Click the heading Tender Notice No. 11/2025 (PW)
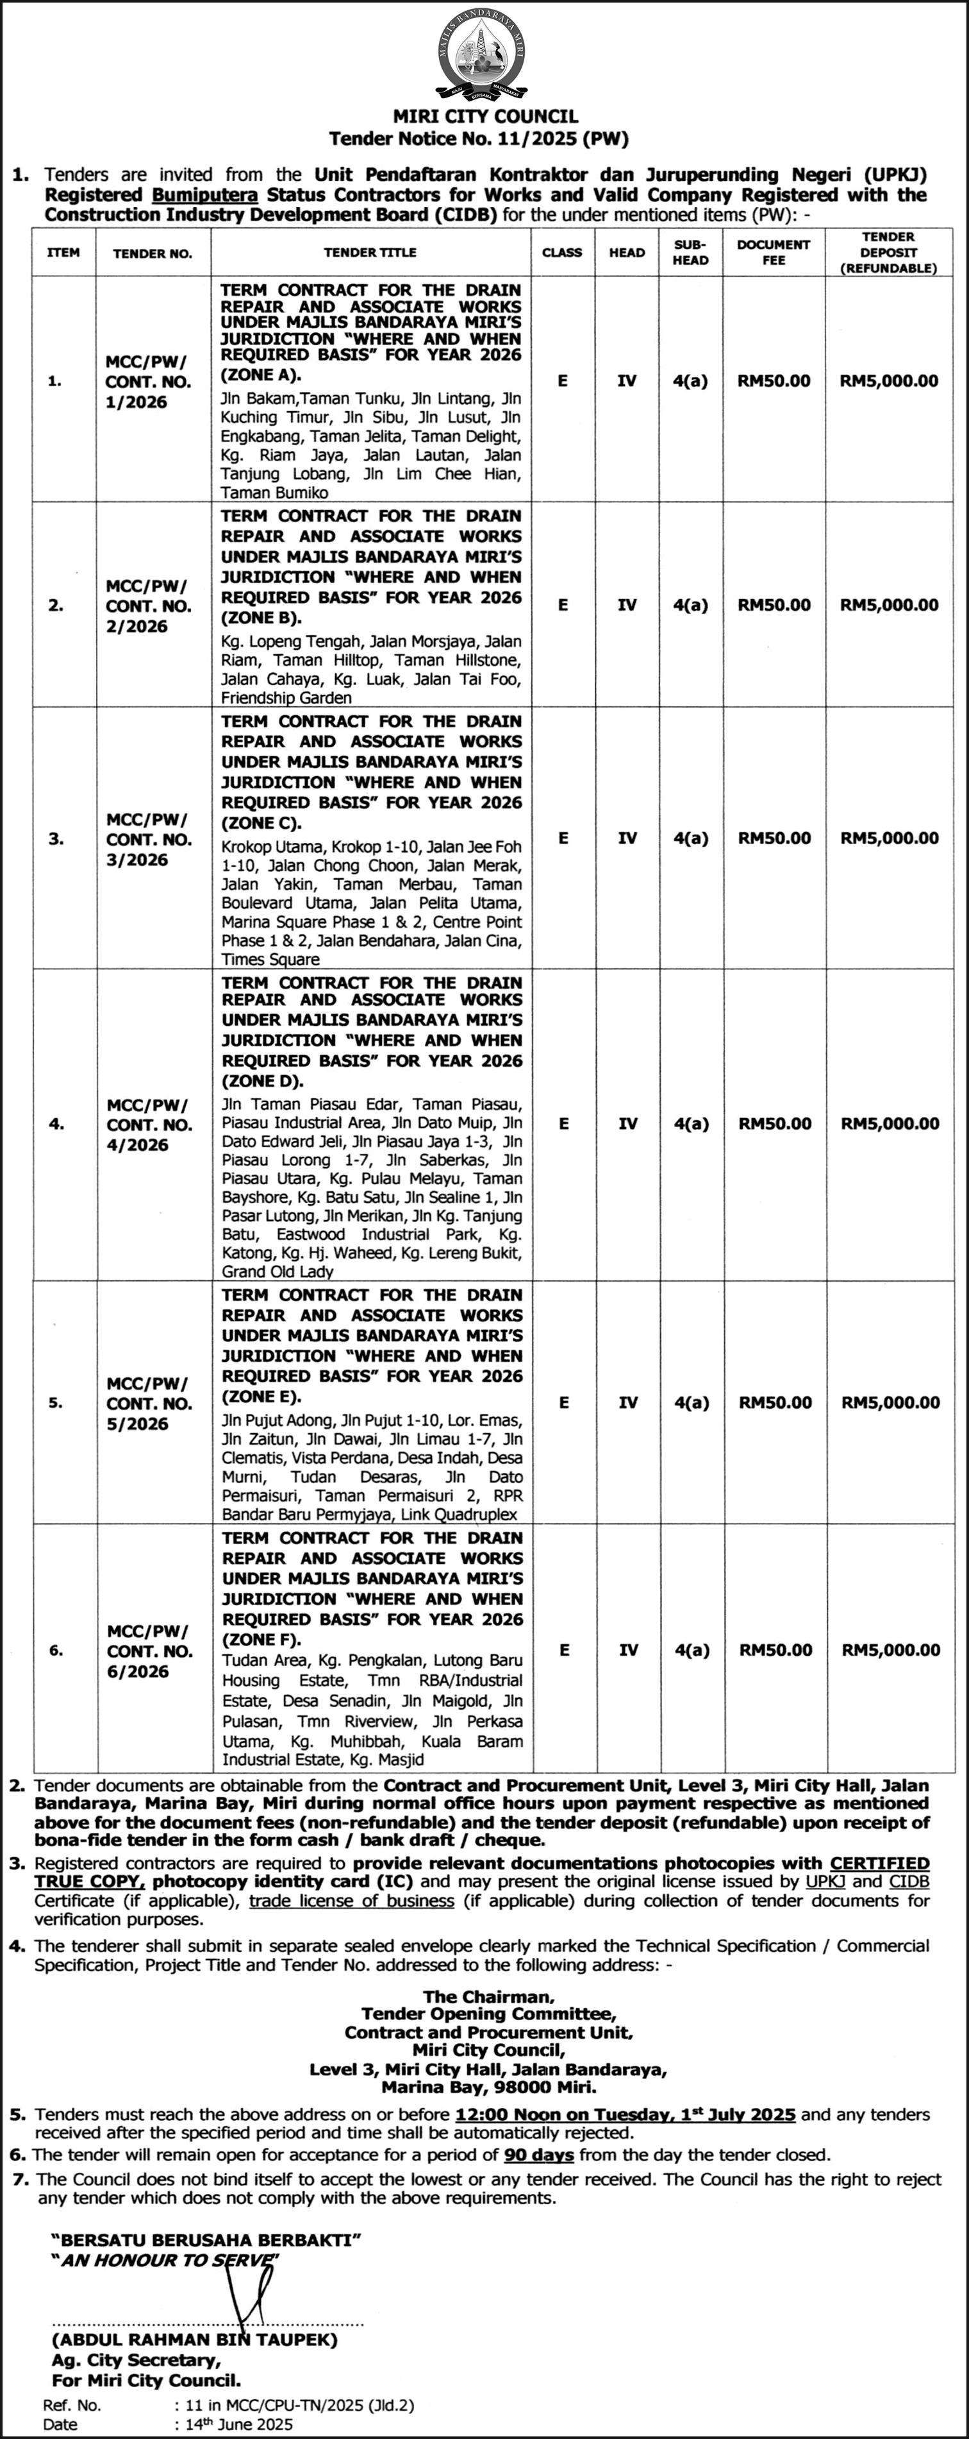[479, 138]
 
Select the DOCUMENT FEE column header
[773, 252]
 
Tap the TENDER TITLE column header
[370, 253]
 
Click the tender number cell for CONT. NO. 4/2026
[149, 1125]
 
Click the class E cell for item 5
[564, 1402]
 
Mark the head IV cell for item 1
[626, 382]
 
